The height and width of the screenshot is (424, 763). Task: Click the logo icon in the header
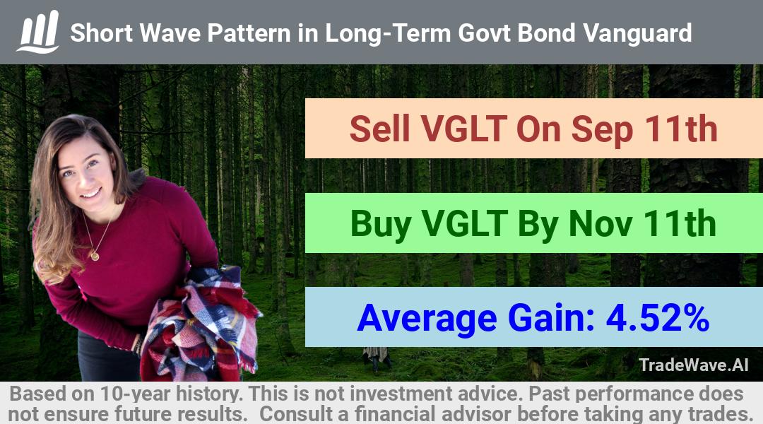(38, 32)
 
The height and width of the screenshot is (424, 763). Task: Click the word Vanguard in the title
(637, 33)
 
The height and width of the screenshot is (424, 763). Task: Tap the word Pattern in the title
(249, 33)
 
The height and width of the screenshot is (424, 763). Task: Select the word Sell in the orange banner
(379, 129)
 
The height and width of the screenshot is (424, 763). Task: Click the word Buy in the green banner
(381, 225)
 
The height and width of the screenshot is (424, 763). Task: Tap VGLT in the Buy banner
(465, 223)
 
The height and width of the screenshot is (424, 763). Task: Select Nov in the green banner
(601, 223)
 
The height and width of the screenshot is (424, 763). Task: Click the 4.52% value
(658, 317)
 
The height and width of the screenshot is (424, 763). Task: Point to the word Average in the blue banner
(427, 319)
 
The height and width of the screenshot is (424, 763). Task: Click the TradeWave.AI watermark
(694, 365)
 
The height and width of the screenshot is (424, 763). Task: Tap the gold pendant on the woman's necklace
(95, 256)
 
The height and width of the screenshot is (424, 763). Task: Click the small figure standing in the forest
(376, 358)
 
